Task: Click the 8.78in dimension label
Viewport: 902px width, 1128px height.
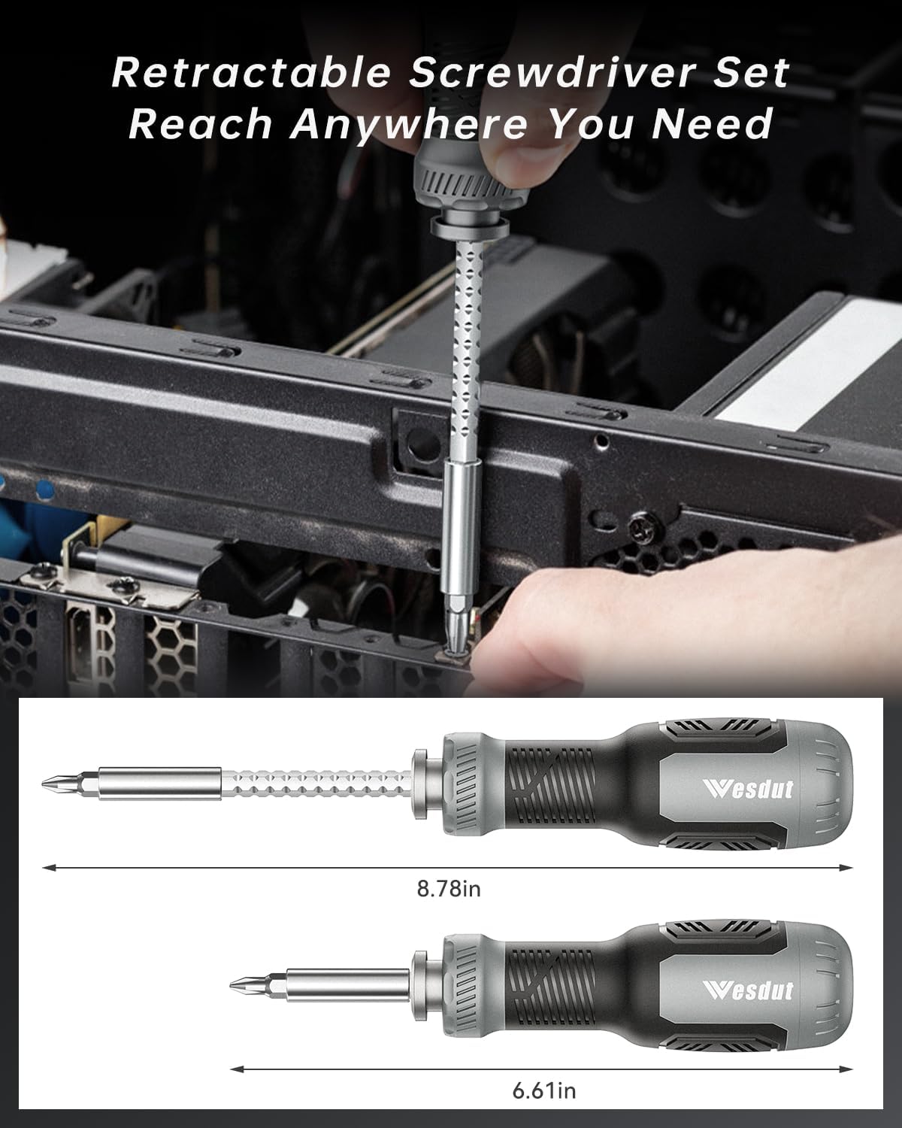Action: pyautogui.click(x=449, y=889)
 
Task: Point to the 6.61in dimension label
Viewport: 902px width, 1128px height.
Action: pyautogui.click(x=544, y=1090)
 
